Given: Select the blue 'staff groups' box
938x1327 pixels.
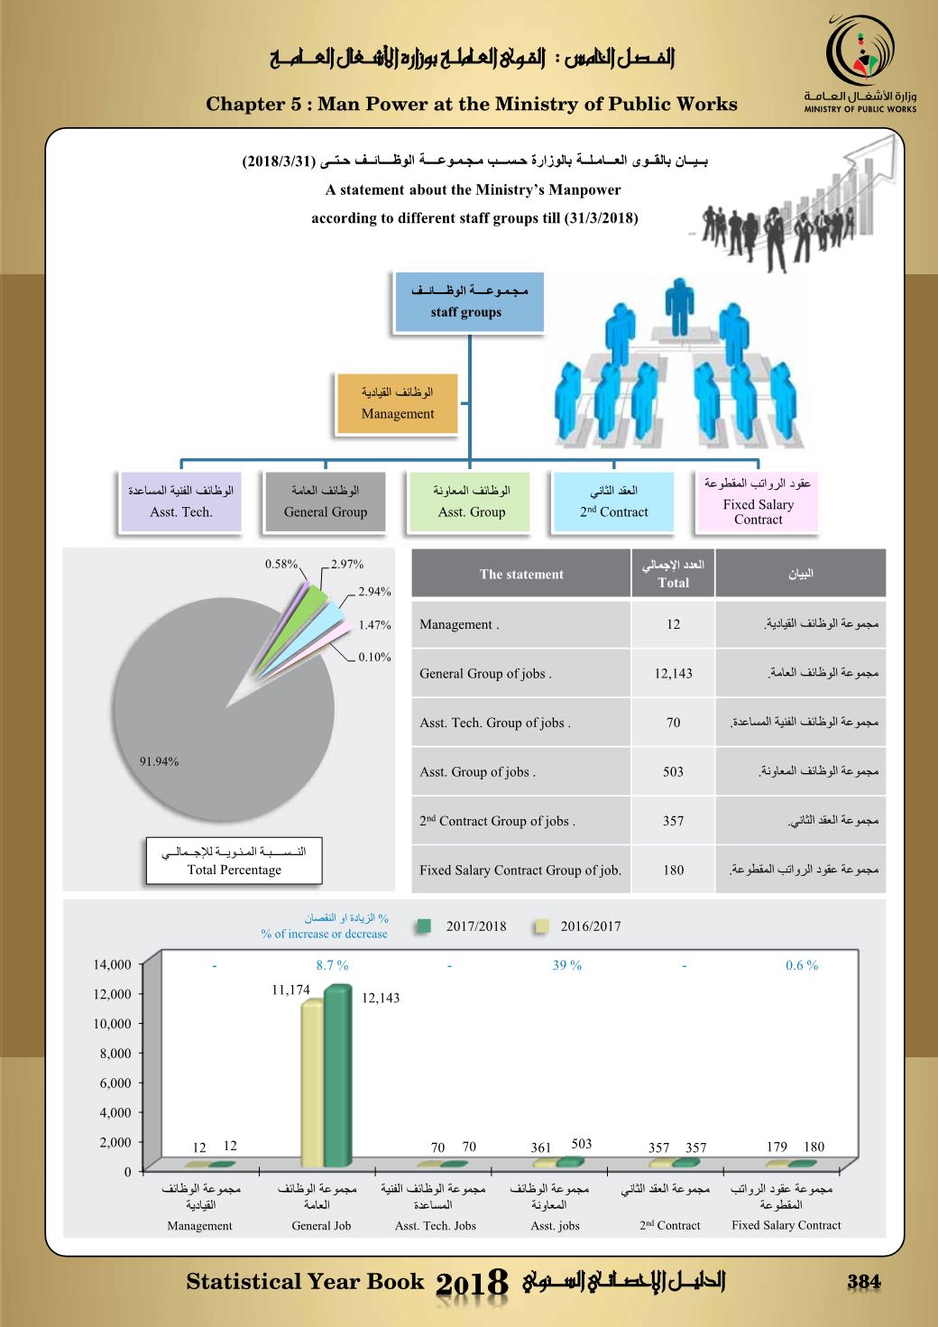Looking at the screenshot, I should (x=467, y=301).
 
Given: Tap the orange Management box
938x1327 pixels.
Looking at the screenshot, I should (x=397, y=403).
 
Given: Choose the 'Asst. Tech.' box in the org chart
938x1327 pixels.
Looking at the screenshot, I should (x=181, y=502).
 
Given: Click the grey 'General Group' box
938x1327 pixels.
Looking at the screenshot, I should (x=325, y=502).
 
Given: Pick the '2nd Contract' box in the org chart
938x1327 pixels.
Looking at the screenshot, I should (x=613, y=502).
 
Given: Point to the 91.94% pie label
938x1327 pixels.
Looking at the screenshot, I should (x=159, y=761).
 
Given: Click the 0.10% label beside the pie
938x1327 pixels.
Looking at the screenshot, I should (x=374, y=657).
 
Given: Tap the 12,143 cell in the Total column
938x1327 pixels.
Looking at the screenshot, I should (x=673, y=673).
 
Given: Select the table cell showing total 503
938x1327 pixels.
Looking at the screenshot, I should (x=673, y=771).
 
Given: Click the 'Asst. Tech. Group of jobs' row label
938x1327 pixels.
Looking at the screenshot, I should (x=494, y=723).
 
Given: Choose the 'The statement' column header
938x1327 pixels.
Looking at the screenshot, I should (x=521, y=574).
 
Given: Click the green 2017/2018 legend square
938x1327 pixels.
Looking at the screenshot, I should (x=425, y=926).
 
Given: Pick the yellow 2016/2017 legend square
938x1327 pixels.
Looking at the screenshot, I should (x=541, y=926).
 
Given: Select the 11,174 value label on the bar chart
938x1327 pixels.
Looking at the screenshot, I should (x=290, y=990).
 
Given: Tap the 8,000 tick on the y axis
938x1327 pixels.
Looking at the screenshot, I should (x=115, y=1053).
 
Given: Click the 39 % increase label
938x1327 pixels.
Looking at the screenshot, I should (x=567, y=965).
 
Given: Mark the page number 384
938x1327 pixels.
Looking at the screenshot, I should (x=862, y=1282).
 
